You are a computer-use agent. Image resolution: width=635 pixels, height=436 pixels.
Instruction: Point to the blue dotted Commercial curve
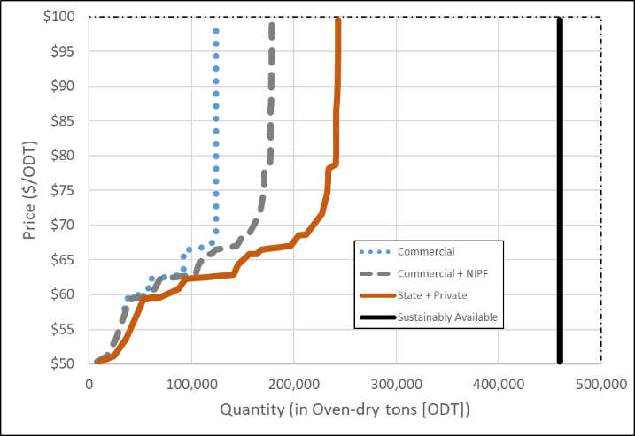pos(215,133)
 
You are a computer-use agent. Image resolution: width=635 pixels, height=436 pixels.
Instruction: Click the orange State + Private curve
pos(337,133)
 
